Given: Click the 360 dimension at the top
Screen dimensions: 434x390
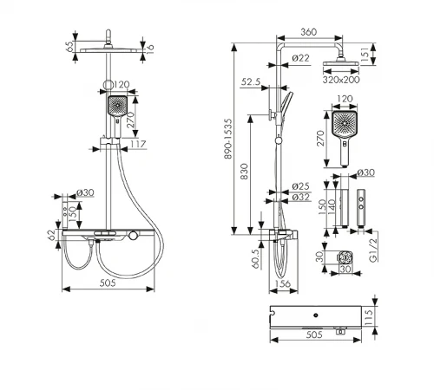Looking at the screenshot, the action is coord(308,32).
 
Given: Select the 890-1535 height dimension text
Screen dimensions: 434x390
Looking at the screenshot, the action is coord(228,139).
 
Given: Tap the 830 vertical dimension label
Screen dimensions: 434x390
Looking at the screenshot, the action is coord(245,172).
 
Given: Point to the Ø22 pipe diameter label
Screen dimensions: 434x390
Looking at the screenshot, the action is coord(301,58).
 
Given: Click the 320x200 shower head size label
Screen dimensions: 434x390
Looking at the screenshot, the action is coord(341,80).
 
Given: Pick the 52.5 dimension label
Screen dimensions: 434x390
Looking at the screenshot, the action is coord(251,82).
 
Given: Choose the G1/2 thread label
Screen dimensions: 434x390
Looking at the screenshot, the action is coord(374,250).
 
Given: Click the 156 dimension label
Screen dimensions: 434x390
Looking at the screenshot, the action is coord(282,283).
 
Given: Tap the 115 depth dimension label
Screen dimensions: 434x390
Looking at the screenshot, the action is coord(368,317).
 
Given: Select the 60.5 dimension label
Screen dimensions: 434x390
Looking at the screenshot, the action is coord(256,258).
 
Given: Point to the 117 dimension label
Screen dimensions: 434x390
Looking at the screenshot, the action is coord(137,144).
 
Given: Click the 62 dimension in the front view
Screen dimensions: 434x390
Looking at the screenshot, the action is coord(51,235).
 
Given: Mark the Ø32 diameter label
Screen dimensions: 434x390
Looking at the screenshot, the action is coord(301,198).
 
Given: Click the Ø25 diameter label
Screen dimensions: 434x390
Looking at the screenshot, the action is coord(301,186).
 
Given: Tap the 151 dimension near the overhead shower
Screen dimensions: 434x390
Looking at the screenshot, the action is coord(365,55).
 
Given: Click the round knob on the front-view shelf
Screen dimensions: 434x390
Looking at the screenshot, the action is coord(133,235).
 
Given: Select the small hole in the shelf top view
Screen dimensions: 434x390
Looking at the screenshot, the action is coord(316,315).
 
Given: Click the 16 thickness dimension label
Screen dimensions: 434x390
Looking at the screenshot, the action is coord(150,48).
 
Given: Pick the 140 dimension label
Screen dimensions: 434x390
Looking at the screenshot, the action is coord(332,206).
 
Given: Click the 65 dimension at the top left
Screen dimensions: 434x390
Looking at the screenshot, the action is coord(69,47).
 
